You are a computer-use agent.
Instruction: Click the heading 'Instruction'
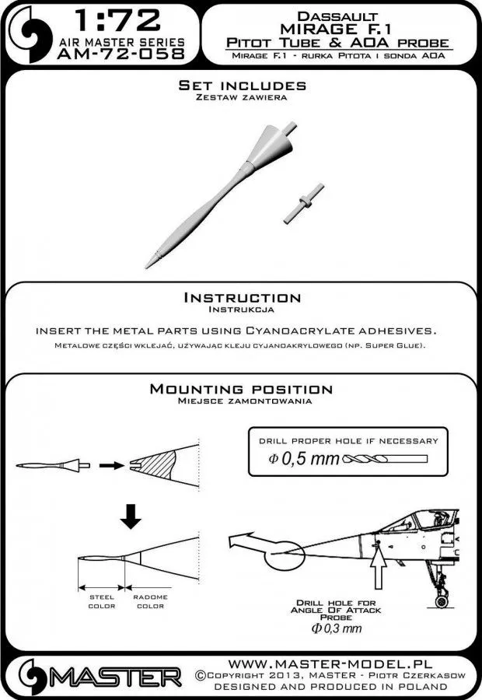[241, 297]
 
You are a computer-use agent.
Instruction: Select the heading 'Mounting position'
[241, 389]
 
